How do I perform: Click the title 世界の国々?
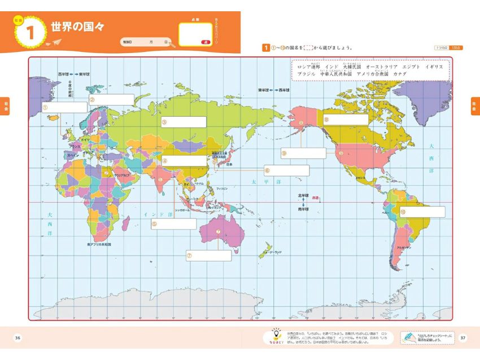pos(77,27)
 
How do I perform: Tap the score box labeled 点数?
pos(195,34)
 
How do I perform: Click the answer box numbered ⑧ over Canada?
pos(346,120)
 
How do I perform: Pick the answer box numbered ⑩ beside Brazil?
pos(422,212)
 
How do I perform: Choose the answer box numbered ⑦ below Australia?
pos(209,255)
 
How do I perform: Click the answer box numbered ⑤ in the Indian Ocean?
pos(173,224)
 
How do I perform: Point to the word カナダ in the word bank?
pos(399,74)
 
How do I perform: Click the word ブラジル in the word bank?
pos(306,74)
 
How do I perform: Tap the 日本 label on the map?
pos(229,164)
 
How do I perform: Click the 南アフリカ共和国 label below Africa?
pos(99,244)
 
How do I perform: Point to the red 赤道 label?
pos(315,198)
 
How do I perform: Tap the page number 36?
pos(18,338)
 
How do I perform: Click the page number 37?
pos(462,338)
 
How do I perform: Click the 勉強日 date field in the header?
pos(145,42)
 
